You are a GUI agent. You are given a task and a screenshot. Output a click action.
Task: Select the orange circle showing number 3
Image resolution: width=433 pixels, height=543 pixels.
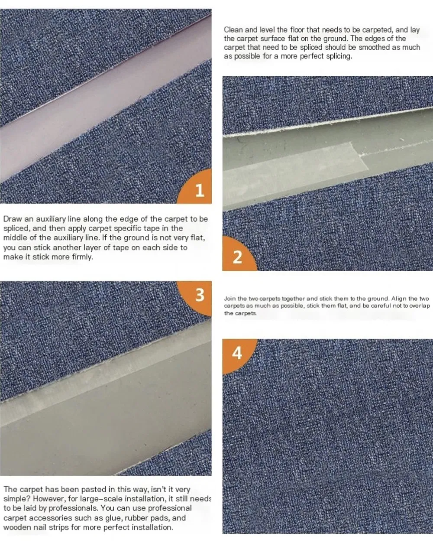click(199, 295)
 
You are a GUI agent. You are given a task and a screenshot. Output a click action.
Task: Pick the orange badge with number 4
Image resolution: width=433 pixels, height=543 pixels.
click(237, 353)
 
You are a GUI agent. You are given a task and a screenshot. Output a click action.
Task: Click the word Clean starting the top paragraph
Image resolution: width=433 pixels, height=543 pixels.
click(233, 30)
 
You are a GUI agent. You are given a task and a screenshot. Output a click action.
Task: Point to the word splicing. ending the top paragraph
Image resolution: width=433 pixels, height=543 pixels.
click(337, 56)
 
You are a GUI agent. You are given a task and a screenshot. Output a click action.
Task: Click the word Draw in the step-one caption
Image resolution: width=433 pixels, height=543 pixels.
click(12, 219)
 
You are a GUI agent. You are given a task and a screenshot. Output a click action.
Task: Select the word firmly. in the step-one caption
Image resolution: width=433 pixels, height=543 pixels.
click(81, 257)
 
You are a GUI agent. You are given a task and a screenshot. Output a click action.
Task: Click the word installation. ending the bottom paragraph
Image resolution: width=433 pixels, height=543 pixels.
click(152, 527)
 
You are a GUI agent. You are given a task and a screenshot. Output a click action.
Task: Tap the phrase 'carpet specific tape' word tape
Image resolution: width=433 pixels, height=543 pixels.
click(148, 228)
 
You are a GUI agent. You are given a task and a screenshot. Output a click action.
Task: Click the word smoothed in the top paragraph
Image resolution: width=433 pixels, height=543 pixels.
click(374, 48)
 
